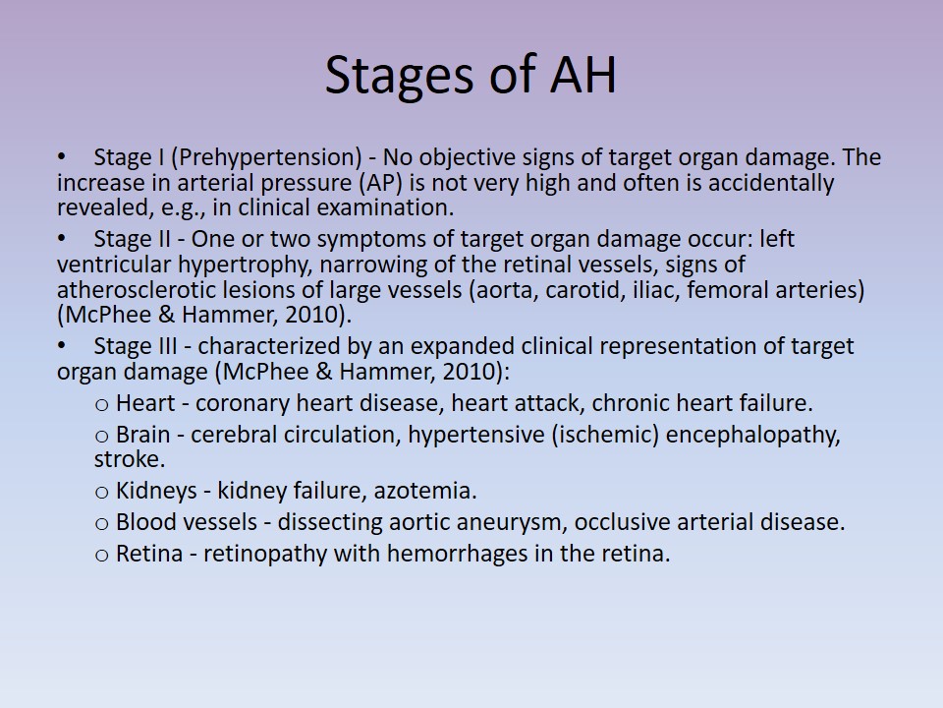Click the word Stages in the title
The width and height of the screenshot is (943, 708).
399,77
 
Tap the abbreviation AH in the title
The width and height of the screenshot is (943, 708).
583,75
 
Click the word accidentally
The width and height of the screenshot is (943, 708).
771,183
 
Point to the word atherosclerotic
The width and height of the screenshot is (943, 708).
137,289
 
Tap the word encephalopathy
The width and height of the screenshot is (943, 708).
752,435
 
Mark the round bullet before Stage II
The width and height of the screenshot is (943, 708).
61,239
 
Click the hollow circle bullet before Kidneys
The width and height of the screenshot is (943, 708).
101,493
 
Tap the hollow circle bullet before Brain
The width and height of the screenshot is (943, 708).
101,437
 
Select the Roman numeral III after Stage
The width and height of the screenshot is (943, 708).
165,346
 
